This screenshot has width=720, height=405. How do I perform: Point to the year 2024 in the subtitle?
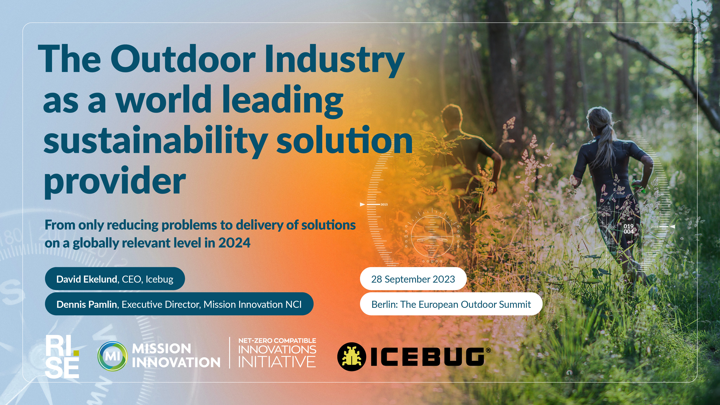(234, 243)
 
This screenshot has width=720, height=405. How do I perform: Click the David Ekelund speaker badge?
(115, 279)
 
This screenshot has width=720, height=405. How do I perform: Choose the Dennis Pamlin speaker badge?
(179, 304)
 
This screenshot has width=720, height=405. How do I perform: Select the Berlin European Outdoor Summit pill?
(451, 304)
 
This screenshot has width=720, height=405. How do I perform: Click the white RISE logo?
(62, 356)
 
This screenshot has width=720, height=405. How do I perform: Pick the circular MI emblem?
(112, 356)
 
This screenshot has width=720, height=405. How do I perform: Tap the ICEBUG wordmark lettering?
(428, 357)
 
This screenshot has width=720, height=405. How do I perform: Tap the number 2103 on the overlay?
(655, 227)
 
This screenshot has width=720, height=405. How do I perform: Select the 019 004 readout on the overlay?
(628, 229)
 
